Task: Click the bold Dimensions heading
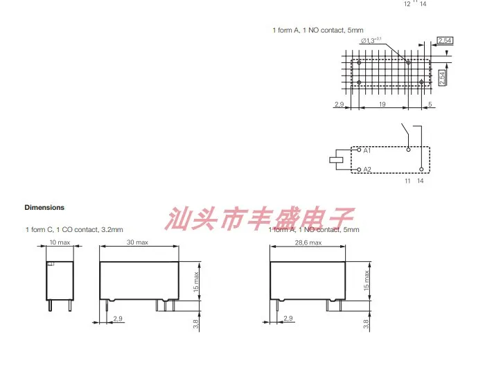44,207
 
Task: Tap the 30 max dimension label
138,242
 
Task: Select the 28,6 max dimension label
308,242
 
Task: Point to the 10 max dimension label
60,242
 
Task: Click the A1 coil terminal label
367,150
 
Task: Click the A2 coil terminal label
367,169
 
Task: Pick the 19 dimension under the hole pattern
382,104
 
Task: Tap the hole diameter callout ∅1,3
371,42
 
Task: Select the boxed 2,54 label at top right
446,42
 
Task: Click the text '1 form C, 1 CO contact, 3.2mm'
73,229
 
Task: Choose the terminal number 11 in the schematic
408,181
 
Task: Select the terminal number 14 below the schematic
420,181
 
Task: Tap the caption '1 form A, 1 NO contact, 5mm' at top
317,30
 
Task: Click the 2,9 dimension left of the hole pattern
339,104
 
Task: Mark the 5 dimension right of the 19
430,104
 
